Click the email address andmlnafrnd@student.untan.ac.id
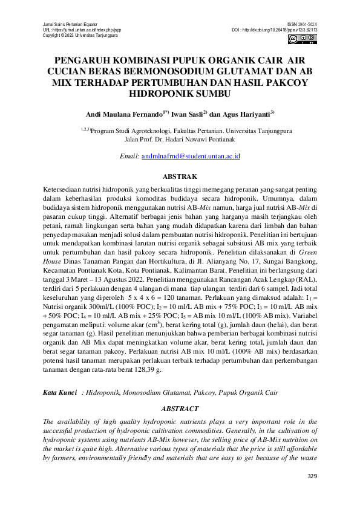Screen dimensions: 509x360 point(191,156)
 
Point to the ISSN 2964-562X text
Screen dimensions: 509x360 point(303,23)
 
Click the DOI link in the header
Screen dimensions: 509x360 point(275,30)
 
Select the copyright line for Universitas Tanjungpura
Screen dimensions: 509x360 point(80,36)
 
